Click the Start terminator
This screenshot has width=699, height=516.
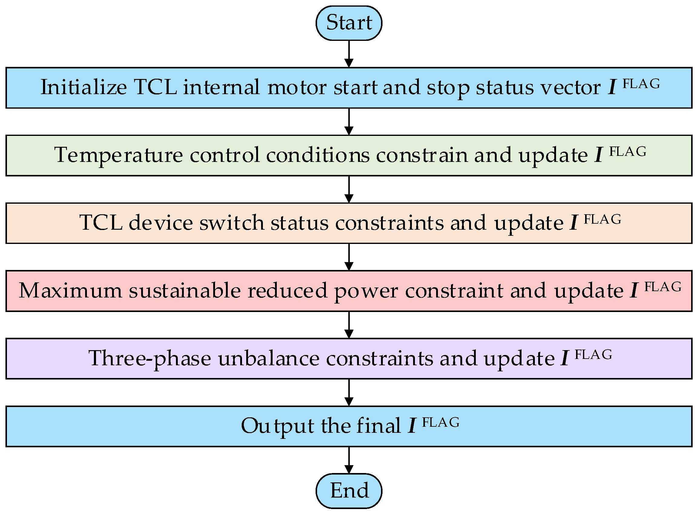click(x=349, y=23)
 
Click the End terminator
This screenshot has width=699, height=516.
click(x=349, y=491)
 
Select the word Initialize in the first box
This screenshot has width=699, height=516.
click(x=84, y=87)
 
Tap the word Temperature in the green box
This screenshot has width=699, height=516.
click(x=118, y=155)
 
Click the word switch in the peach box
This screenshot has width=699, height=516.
click(x=232, y=223)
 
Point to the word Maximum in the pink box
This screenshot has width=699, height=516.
click(x=70, y=291)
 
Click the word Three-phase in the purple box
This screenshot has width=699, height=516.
click(x=150, y=358)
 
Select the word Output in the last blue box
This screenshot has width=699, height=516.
click(x=277, y=426)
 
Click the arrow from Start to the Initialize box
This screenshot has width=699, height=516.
click(x=349, y=54)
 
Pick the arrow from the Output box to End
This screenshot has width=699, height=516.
click(x=349, y=460)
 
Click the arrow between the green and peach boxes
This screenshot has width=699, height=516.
click(x=349, y=189)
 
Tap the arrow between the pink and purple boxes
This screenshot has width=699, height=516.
click(x=349, y=325)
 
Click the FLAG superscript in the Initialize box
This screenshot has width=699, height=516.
click(x=641, y=84)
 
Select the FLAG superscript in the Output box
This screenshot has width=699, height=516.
click(x=441, y=422)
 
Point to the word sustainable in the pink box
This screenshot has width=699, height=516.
click(x=185, y=291)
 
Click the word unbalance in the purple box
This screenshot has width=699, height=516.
click(x=269, y=358)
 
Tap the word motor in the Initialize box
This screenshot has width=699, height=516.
click(x=297, y=87)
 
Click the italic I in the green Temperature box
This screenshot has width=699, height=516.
click(x=598, y=155)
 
